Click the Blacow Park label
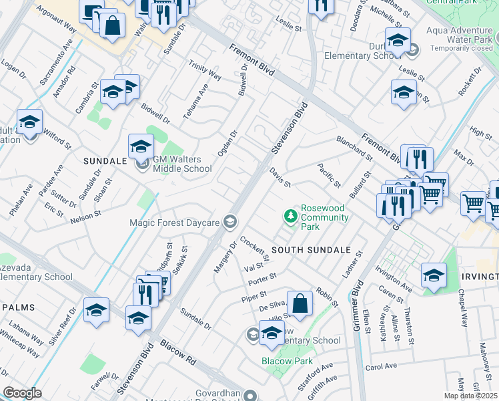287,361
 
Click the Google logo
22,393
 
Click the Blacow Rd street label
177,352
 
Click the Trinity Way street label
205,69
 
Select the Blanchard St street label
354,149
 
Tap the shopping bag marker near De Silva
300,303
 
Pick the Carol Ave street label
381,367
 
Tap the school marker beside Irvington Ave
434,275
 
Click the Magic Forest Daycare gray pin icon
230,221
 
